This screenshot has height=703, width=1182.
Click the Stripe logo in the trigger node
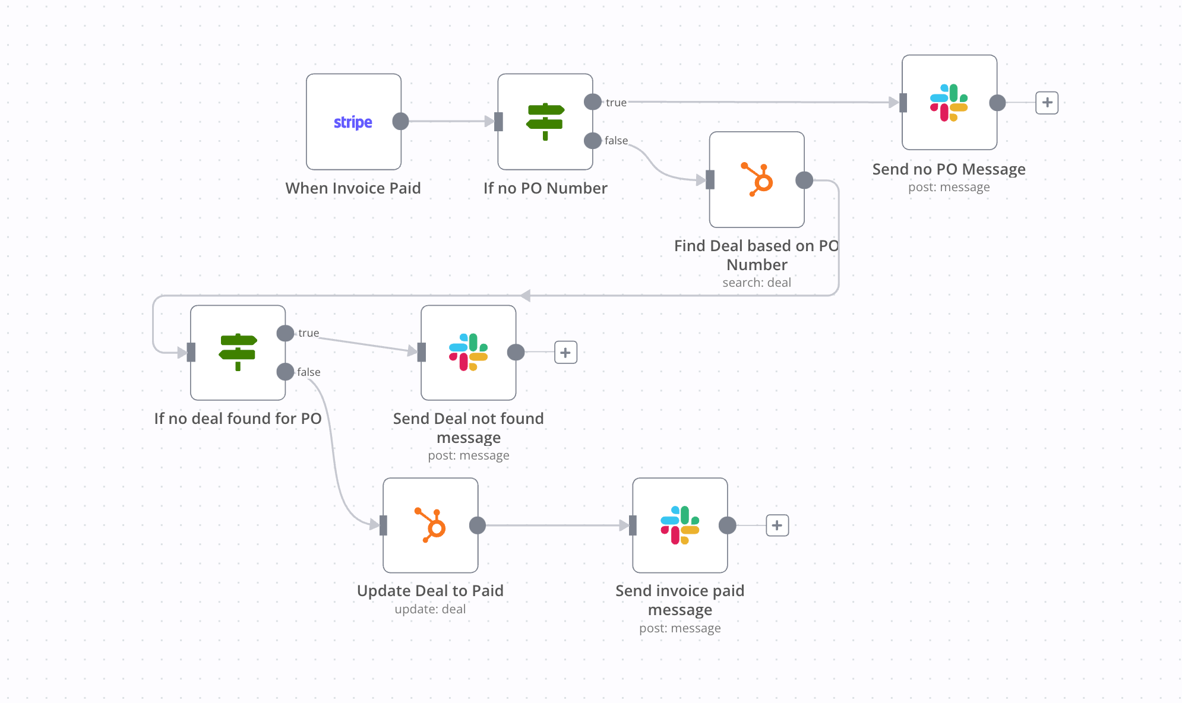coord(353,122)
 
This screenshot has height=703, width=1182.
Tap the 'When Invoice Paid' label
coord(353,188)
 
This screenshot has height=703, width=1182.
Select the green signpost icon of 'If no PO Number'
coord(545,122)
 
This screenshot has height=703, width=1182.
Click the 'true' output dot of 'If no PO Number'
coord(592,102)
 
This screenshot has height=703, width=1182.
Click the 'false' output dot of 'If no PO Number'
coord(592,141)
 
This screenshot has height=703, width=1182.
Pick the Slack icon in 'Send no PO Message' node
coord(949,103)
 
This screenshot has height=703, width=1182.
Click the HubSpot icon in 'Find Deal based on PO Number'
coord(757,179)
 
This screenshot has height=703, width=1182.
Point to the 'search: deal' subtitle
coord(756,283)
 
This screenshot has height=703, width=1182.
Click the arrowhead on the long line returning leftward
coord(525,295)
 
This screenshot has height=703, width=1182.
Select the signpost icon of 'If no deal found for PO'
coord(238,352)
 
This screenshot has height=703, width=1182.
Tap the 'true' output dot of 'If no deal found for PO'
coord(285,333)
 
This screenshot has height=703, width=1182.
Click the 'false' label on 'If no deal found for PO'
coord(308,372)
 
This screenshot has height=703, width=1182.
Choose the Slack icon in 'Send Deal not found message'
coord(468,352)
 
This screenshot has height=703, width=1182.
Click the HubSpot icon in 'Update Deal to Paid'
coord(430,525)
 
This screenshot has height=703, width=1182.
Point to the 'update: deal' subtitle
coord(430,609)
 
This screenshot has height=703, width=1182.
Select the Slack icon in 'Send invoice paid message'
coord(680,525)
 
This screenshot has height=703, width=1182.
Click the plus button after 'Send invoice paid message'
coord(777,525)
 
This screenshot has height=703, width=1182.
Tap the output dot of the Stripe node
coord(401,121)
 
